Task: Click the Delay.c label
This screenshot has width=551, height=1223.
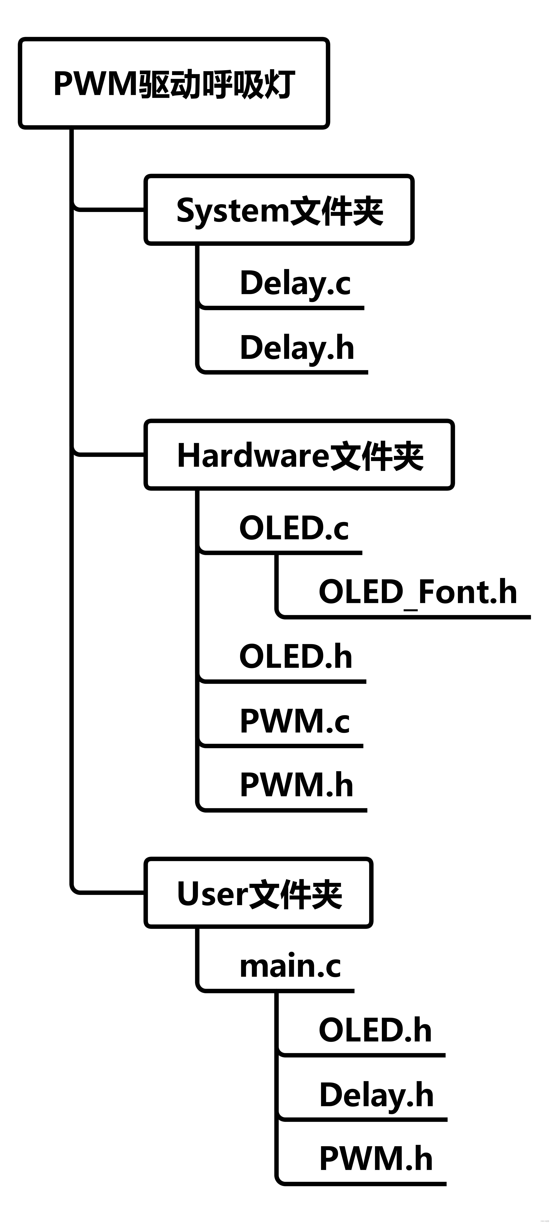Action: point(295,283)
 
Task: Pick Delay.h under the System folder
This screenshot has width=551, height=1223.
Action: point(297,348)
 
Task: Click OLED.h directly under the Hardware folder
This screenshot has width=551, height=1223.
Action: point(295,657)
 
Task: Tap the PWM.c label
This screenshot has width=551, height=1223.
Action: point(295,721)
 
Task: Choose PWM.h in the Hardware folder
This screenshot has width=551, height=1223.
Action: point(296,785)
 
